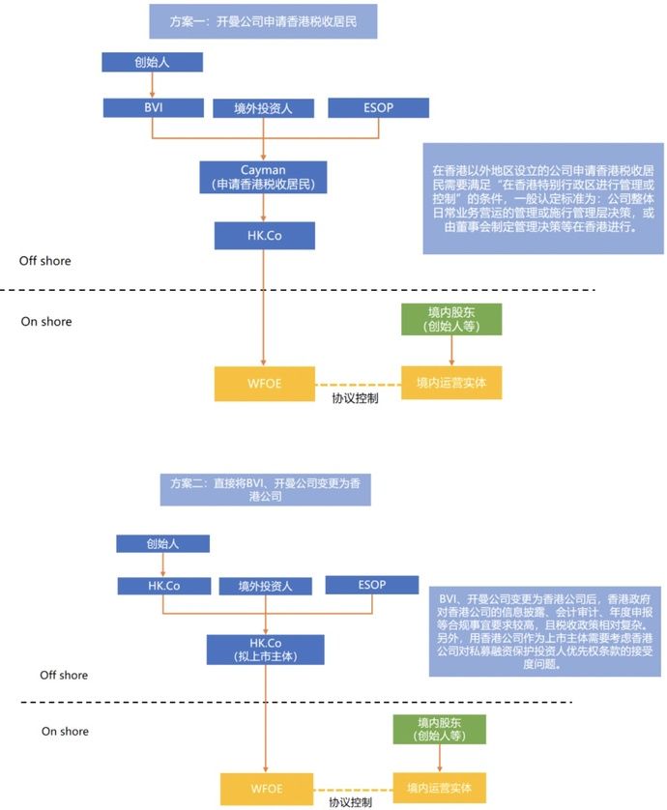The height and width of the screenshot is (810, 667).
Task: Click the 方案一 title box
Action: (x=262, y=20)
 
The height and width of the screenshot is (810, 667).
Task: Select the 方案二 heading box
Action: (x=263, y=489)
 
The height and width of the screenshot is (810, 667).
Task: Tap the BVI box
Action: (x=150, y=106)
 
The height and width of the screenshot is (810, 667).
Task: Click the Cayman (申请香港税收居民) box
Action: (x=263, y=175)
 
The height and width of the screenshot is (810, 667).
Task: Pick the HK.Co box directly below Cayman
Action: (x=263, y=235)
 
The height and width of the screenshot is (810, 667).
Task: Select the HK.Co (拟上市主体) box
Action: (x=263, y=649)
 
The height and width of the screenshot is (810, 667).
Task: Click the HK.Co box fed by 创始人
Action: (x=162, y=585)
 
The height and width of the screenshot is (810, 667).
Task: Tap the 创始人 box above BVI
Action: (x=152, y=62)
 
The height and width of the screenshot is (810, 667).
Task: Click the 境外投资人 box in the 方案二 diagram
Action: (x=263, y=586)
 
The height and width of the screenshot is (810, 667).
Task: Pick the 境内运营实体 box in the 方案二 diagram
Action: (x=439, y=786)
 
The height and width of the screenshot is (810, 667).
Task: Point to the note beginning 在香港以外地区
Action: (x=530, y=198)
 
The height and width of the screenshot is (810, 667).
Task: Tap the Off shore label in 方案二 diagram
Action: (x=63, y=675)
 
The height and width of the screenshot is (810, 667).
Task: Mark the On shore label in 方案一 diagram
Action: (x=46, y=322)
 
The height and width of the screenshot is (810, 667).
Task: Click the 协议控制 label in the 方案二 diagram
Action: (x=347, y=801)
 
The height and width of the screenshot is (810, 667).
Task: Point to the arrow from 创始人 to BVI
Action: (x=151, y=84)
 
